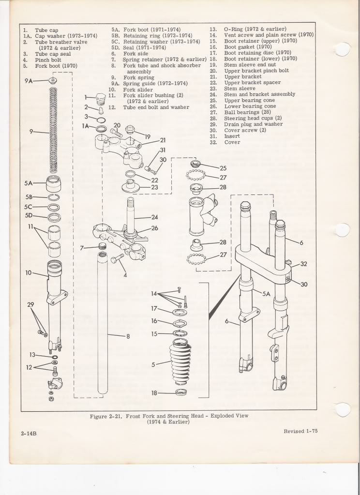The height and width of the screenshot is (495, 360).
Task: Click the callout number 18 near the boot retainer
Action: [x=154, y=393]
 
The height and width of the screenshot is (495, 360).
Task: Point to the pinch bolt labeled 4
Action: [x=119, y=260]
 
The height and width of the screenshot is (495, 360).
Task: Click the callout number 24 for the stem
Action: [x=154, y=217]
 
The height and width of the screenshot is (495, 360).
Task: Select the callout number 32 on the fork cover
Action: [x=303, y=264]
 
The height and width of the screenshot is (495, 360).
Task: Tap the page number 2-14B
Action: [x=30, y=434]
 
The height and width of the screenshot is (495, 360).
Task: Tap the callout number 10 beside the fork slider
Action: [x=28, y=273]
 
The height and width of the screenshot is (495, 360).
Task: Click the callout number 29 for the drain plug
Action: [x=30, y=304]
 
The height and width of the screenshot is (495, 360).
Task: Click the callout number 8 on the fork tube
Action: [x=128, y=337]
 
